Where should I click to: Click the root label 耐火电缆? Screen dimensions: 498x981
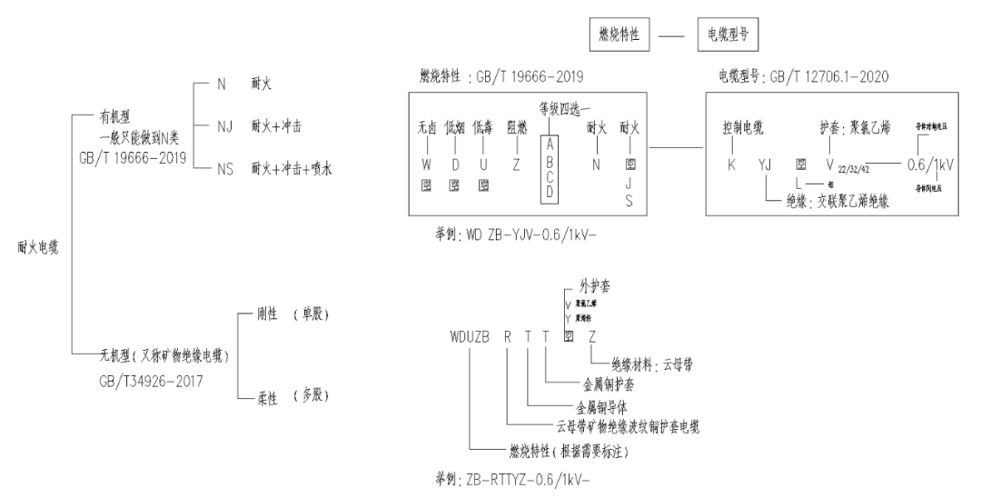tap(37, 246)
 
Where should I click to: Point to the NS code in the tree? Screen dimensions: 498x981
tap(224, 167)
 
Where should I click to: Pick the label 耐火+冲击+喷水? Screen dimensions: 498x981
tap(291, 167)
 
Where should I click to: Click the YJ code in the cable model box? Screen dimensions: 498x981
tap(764, 167)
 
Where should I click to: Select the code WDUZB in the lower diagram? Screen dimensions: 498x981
tap(470, 335)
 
